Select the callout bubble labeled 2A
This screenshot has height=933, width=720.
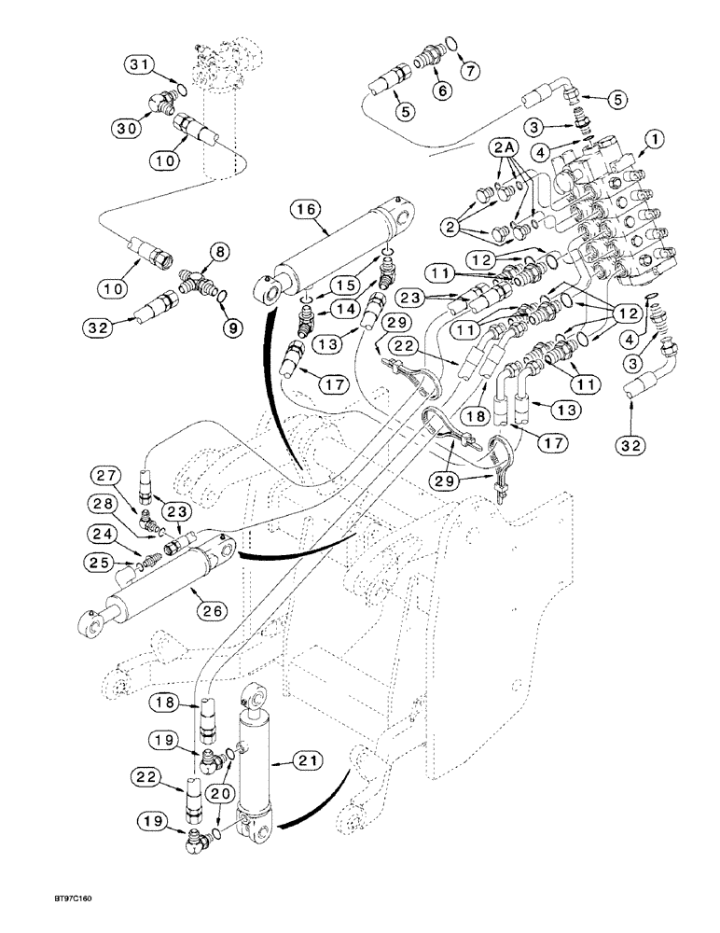[505, 148]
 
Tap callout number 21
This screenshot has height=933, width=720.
[310, 761]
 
